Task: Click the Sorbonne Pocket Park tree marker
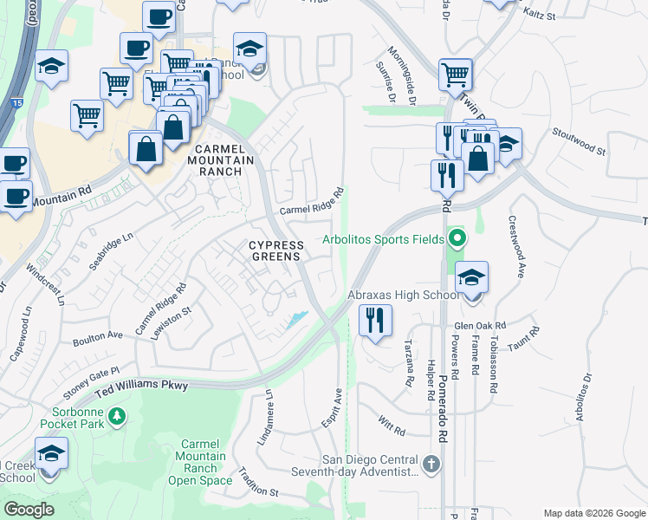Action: click(x=117, y=418)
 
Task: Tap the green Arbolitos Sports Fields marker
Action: click(x=457, y=238)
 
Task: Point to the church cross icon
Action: click(x=431, y=465)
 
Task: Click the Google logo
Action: click(x=29, y=510)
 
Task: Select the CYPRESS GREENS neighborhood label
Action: click(x=275, y=250)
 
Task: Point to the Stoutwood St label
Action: click(x=578, y=141)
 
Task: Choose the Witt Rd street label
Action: click(x=392, y=426)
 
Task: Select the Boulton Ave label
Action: click(x=100, y=335)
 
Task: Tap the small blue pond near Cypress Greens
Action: click(x=296, y=320)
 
